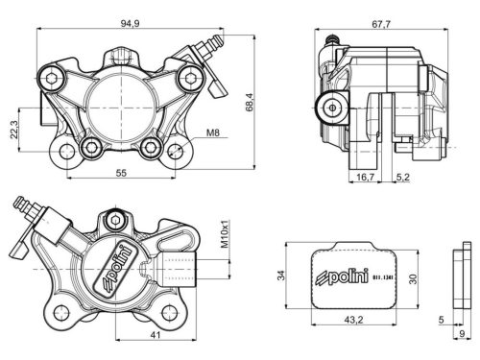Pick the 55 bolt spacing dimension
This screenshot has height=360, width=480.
pos(121,173)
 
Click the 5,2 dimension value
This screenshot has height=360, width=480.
pos(403,178)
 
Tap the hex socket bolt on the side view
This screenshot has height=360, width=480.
pos(334,105)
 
